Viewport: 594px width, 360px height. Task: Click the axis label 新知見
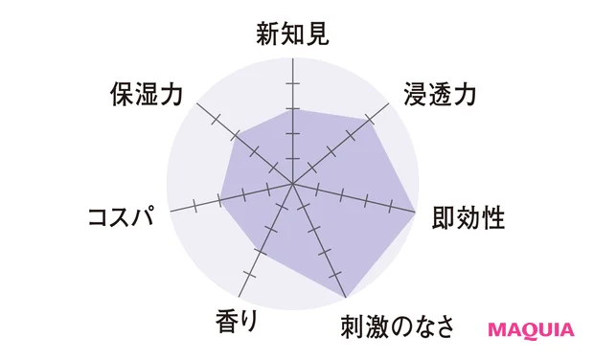[x=292, y=35]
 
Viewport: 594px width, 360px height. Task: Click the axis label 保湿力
[x=152, y=94]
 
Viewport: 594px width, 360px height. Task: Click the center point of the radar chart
[x=292, y=182]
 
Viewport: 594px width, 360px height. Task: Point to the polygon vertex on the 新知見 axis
[x=292, y=109]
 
